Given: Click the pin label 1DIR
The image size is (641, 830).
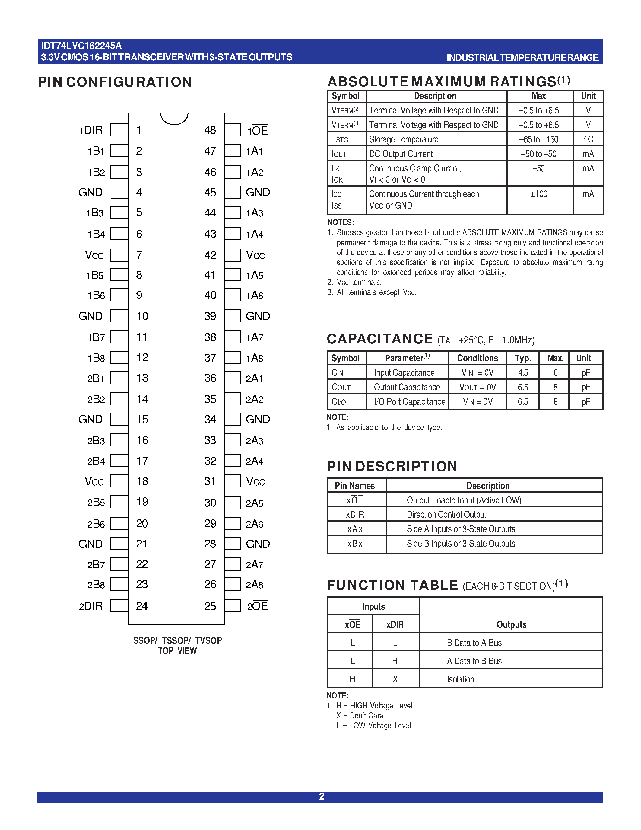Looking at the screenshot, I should click(91, 130).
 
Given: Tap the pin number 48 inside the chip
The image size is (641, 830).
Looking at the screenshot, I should click(210, 130).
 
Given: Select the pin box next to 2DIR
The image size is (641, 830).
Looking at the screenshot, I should click(119, 606).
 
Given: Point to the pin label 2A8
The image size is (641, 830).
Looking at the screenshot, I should click(254, 585).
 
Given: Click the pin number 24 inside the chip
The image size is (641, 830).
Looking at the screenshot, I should click(142, 606).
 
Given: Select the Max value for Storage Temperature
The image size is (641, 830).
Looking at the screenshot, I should click(538, 139).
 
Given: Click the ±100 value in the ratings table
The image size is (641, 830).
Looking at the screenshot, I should click(538, 194).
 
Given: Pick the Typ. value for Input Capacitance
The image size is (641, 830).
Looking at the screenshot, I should click(523, 373).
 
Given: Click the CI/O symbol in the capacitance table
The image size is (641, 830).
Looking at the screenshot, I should click(339, 402).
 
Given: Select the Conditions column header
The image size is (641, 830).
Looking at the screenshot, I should click(477, 358).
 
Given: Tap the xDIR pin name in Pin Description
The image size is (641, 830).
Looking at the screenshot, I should click(355, 515).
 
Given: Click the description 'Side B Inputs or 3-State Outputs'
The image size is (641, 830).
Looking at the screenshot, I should click(461, 544).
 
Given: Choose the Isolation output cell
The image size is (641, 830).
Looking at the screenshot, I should click(461, 679).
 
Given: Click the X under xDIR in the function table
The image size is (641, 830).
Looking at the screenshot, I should click(395, 679).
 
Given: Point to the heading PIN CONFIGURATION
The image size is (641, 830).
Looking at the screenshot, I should click(115, 82).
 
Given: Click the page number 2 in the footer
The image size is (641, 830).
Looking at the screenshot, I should click(321, 796).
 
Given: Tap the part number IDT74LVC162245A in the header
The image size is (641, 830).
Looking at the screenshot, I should click(81, 46).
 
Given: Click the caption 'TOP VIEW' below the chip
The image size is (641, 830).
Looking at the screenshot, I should click(177, 651).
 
